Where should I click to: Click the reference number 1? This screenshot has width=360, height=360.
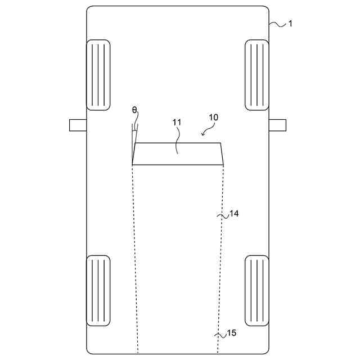coord(290,24)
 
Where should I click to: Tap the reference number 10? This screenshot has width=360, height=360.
coord(213,118)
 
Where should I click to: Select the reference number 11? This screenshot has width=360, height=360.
coord(177,123)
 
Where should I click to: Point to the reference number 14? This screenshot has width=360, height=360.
coord(234,214)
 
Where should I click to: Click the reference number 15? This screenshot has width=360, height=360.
coord(231,333)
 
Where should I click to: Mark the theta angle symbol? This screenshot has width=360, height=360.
coord(134,110)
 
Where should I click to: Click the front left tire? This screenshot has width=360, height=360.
coord(98,75)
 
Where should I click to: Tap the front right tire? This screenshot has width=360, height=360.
coord(257,75)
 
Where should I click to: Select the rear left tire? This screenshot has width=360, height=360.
coord(98,291)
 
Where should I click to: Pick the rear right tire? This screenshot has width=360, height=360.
coord(257,291)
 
